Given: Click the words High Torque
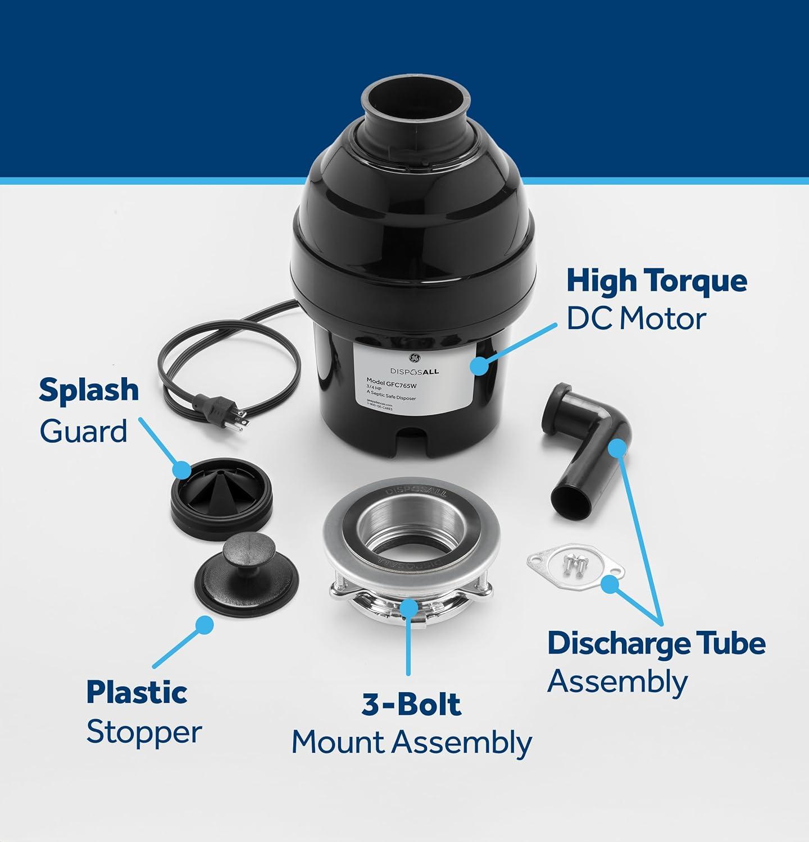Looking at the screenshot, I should (x=656, y=281).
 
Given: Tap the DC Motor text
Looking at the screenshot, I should (x=635, y=319).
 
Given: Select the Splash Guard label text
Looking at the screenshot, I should (x=89, y=410).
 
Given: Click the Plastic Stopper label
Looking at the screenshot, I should (x=143, y=712).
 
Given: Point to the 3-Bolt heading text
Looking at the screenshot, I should (x=411, y=704).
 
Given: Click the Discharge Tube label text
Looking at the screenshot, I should (x=656, y=643).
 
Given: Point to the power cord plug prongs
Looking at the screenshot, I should (x=240, y=422).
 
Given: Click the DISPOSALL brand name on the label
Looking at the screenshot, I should (x=415, y=371).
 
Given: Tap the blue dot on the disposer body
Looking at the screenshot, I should (x=479, y=365).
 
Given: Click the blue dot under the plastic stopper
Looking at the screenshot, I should (x=204, y=625).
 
